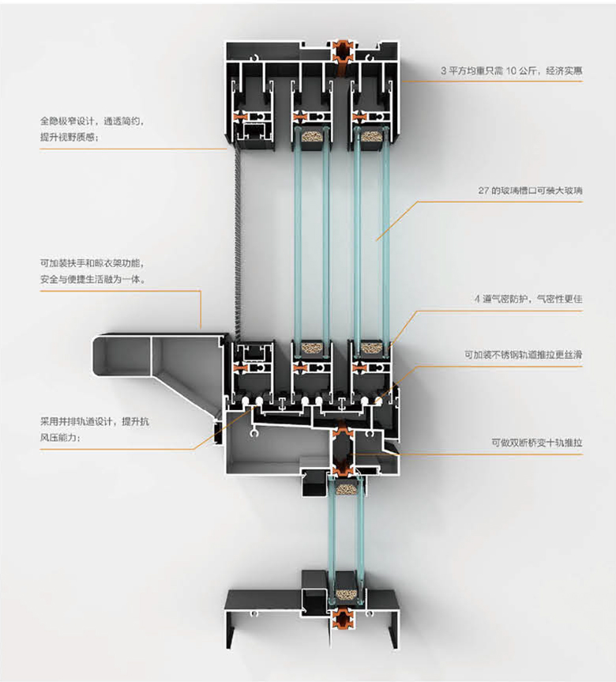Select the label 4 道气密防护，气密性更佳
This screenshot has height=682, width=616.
click(x=528, y=299)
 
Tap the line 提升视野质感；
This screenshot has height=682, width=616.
click(x=71, y=137)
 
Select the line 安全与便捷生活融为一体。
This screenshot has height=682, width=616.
click(x=92, y=278)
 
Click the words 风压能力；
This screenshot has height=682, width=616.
click(x=60, y=437)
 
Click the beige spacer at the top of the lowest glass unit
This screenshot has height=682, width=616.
click(x=344, y=490)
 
